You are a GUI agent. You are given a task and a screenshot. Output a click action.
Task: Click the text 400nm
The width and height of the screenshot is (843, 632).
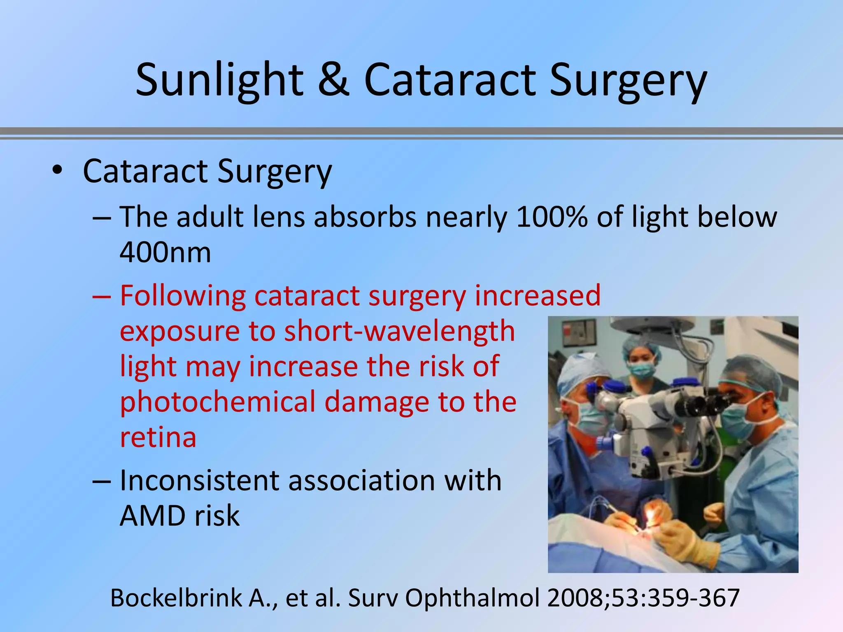(x=165, y=252)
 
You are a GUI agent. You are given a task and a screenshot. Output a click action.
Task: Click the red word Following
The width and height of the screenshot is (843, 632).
(x=183, y=296)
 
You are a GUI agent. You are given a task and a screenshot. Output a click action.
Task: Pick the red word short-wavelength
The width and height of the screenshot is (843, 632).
(x=399, y=331)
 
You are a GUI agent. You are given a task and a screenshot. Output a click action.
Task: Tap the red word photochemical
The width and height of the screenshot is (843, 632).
(x=217, y=402)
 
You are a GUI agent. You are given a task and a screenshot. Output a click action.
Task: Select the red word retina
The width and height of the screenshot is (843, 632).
(x=158, y=437)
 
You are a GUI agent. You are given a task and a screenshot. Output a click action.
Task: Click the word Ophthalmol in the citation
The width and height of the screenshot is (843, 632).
(x=472, y=598)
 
